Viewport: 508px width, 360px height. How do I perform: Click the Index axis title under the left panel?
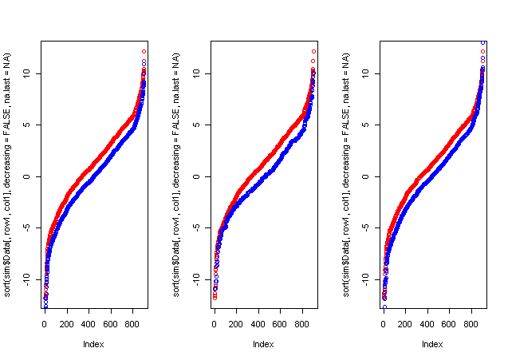[x=93, y=344]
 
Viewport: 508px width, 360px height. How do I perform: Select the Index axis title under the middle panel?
[x=262, y=344]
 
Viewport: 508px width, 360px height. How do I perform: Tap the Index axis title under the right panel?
[x=431, y=344]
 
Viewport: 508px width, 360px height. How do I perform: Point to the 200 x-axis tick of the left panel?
[x=67, y=325]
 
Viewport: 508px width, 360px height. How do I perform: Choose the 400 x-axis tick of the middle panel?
[x=258, y=325]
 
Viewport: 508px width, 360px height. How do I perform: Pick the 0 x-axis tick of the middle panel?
[x=214, y=325]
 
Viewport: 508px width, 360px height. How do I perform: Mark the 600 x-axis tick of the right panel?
[x=450, y=325]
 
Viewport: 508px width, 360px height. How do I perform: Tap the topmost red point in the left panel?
[x=144, y=51]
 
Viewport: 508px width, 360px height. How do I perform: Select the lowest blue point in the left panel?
[x=45, y=306]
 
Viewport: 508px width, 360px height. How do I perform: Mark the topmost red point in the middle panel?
[x=313, y=51]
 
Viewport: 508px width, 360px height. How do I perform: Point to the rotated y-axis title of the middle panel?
[x=178, y=176]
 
